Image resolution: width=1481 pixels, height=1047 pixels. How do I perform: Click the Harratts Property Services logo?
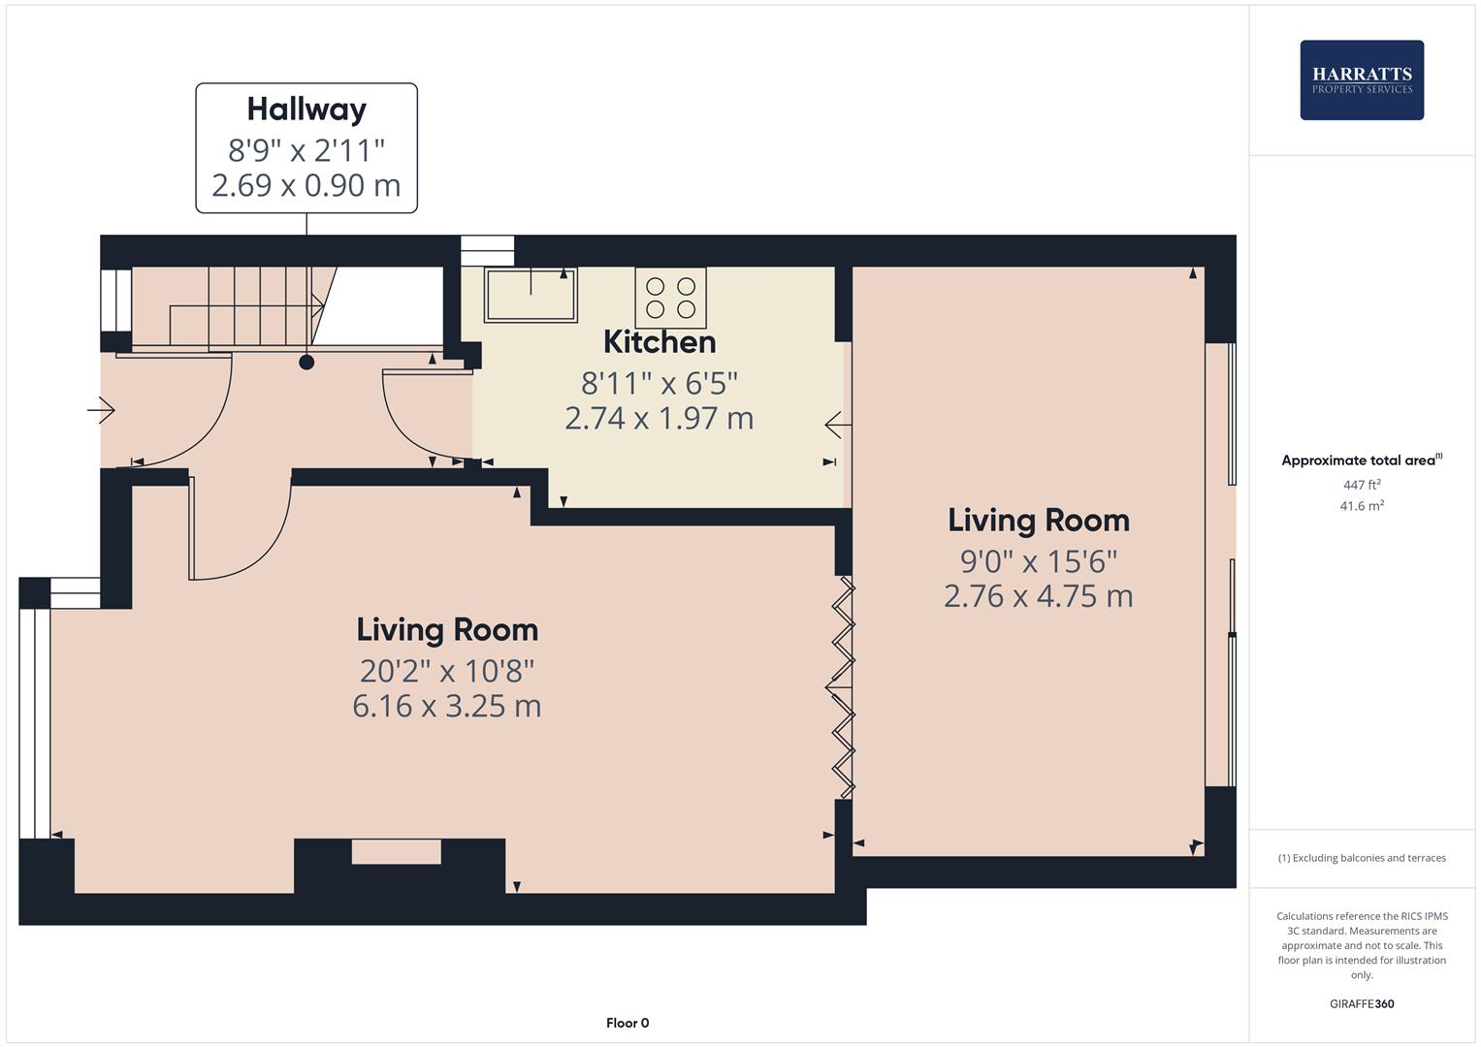click(x=1361, y=80)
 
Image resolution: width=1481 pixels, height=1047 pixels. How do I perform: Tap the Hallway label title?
click(x=306, y=109)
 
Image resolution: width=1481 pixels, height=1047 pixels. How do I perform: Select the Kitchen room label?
click(x=660, y=342)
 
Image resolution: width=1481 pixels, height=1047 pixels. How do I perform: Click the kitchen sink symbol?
click(x=531, y=295)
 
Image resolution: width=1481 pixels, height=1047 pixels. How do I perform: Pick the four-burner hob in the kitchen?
click(x=670, y=298)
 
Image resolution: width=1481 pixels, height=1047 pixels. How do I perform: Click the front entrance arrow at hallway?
click(x=101, y=411)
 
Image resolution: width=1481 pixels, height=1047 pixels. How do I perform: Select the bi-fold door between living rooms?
click(x=840, y=687)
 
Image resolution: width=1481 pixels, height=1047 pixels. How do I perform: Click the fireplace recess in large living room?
click(x=396, y=852)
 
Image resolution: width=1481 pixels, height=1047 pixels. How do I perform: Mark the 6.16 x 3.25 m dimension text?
click(x=446, y=706)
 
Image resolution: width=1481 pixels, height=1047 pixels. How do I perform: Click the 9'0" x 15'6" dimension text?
click(x=1038, y=561)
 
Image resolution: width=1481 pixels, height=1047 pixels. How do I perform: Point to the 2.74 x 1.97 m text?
click(x=659, y=419)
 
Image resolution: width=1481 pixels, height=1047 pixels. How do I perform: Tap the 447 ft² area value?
click(x=1361, y=485)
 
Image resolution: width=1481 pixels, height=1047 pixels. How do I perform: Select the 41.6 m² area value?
click(x=1361, y=506)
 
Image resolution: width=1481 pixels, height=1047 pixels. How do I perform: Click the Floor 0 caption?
click(x=627, y=1023)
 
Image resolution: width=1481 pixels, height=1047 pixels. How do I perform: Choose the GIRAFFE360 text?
click(x=1361, y=1003)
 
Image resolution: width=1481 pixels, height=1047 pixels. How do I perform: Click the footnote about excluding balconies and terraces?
click(x=1361, y=858)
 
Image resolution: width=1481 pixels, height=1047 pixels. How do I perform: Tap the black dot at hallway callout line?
click(x=306, y=363)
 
